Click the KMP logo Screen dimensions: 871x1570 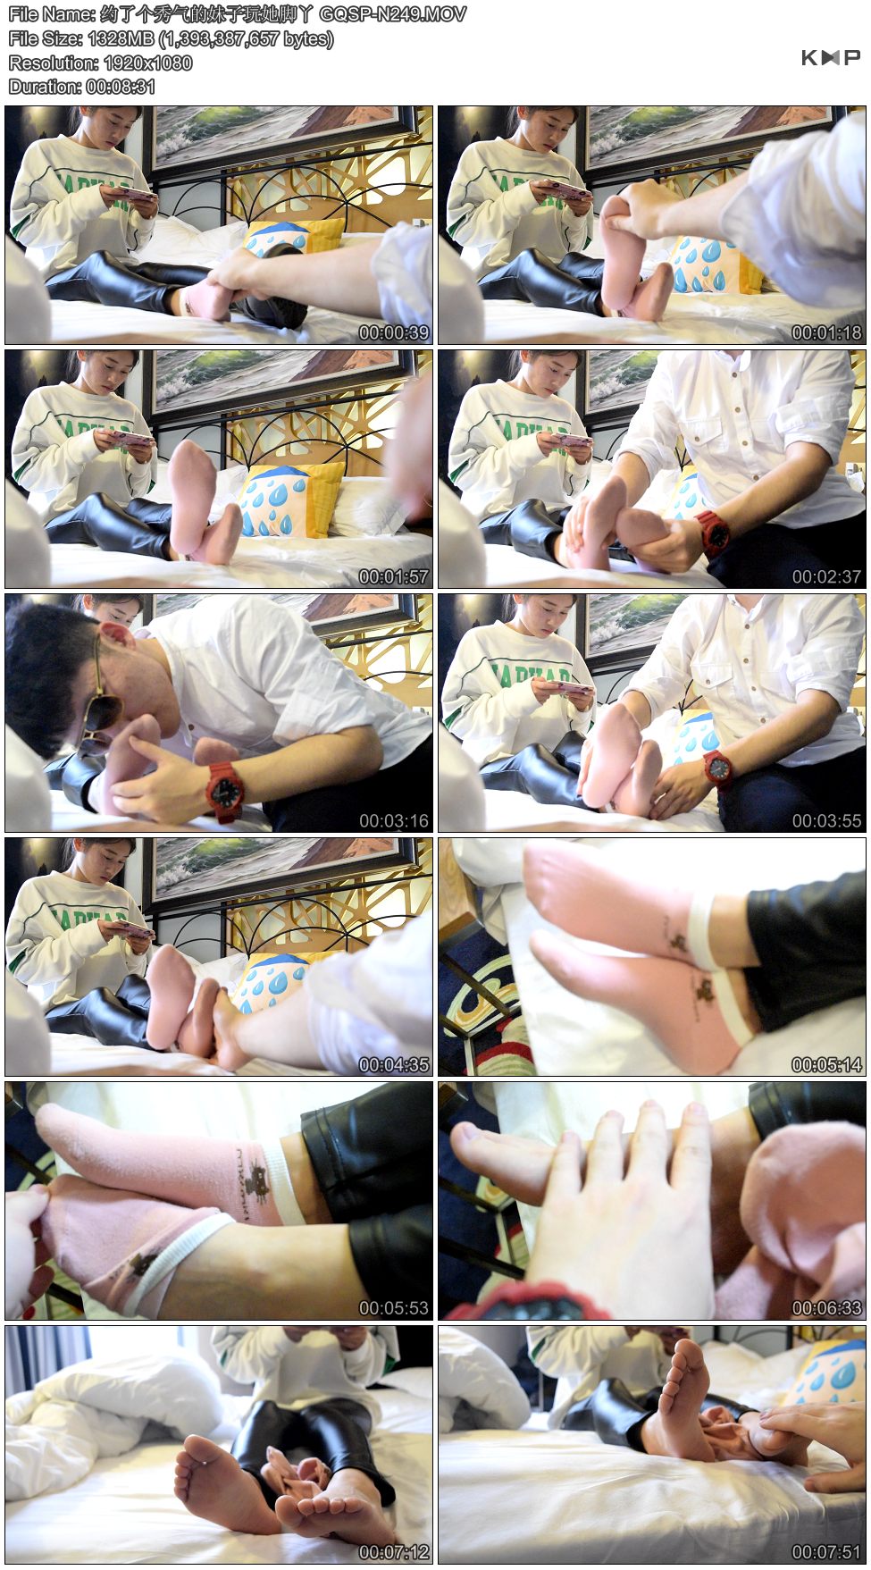coord(830,58)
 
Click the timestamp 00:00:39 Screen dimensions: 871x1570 coord(394,332)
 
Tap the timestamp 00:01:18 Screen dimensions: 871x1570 coord(827,332)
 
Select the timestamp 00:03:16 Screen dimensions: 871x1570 coord(394,820)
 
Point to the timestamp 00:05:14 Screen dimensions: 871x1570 coord(827,1064)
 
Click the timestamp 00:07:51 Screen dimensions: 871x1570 coord(827,1552)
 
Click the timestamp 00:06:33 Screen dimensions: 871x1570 coord(827,1308)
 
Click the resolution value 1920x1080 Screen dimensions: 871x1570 coord(148,63)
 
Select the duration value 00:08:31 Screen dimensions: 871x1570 coord(121,87)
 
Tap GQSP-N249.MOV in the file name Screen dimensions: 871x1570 coord(392,14)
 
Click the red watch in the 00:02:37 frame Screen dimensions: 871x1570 coord(714,531)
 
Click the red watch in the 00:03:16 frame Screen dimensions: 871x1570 coord(224,790)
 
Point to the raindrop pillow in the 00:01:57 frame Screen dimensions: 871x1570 coord(290,500)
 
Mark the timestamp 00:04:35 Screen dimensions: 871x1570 coord(394,1064)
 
